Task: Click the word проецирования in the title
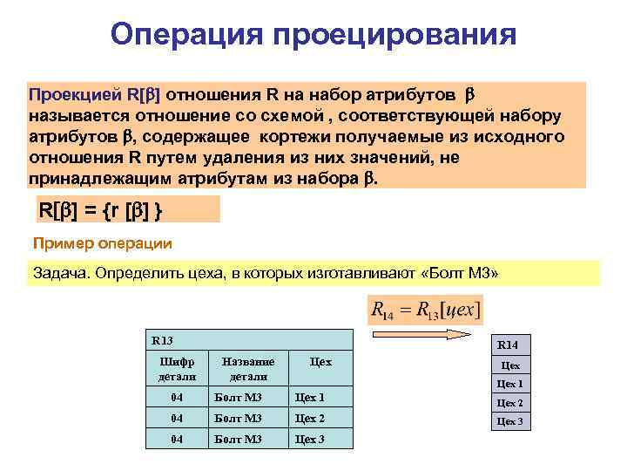point(394,37)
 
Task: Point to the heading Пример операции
point(102,243)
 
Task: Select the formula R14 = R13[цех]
point(425,309)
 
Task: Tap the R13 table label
point(163,340)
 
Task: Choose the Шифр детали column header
point(177,369)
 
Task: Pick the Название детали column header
point(248,369)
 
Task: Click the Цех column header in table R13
point(320,362)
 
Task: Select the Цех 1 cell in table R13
point(310,398)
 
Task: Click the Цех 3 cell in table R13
point(310,439)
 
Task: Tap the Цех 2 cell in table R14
point(509,403)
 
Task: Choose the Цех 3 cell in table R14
point(509,421)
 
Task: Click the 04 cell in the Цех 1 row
point(177,398)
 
